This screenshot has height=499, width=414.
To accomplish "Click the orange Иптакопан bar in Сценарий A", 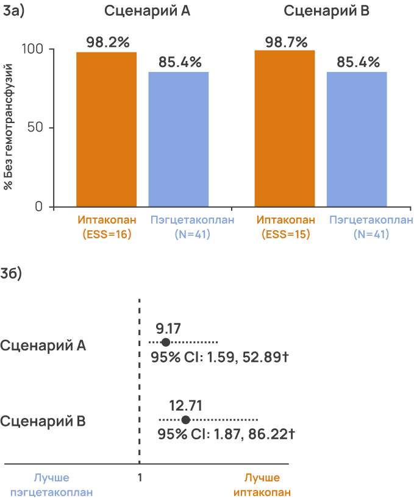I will (106, 129).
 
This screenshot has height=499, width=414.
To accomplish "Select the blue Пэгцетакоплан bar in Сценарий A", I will (179, 140).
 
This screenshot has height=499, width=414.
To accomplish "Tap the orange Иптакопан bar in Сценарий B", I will (284, 129).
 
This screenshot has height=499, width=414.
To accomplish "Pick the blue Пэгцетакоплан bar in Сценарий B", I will (357, 140).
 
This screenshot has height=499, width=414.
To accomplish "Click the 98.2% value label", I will (107, 43).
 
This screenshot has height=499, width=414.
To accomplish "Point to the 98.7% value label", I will (285, 41).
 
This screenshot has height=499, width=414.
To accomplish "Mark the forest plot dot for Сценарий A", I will (165, 343).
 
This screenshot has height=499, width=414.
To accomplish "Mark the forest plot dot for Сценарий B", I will (186, 420).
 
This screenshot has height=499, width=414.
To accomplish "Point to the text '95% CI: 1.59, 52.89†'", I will (219, 358).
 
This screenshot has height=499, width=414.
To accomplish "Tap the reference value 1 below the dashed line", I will (140, 478).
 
